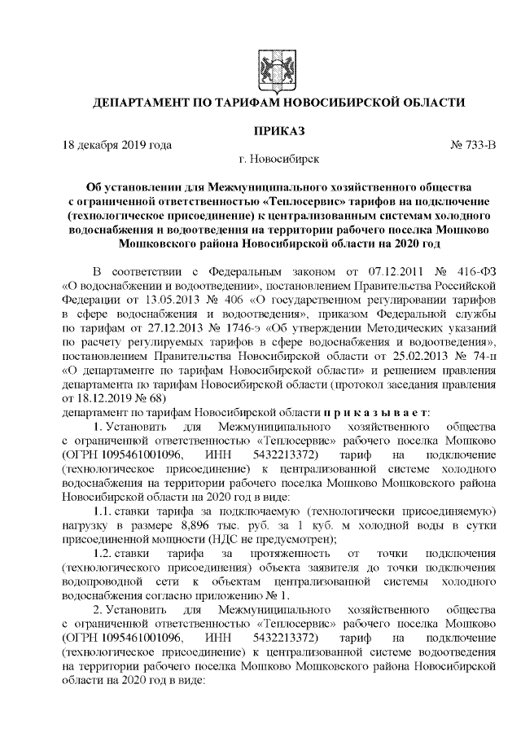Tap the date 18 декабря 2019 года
point(117,145)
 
